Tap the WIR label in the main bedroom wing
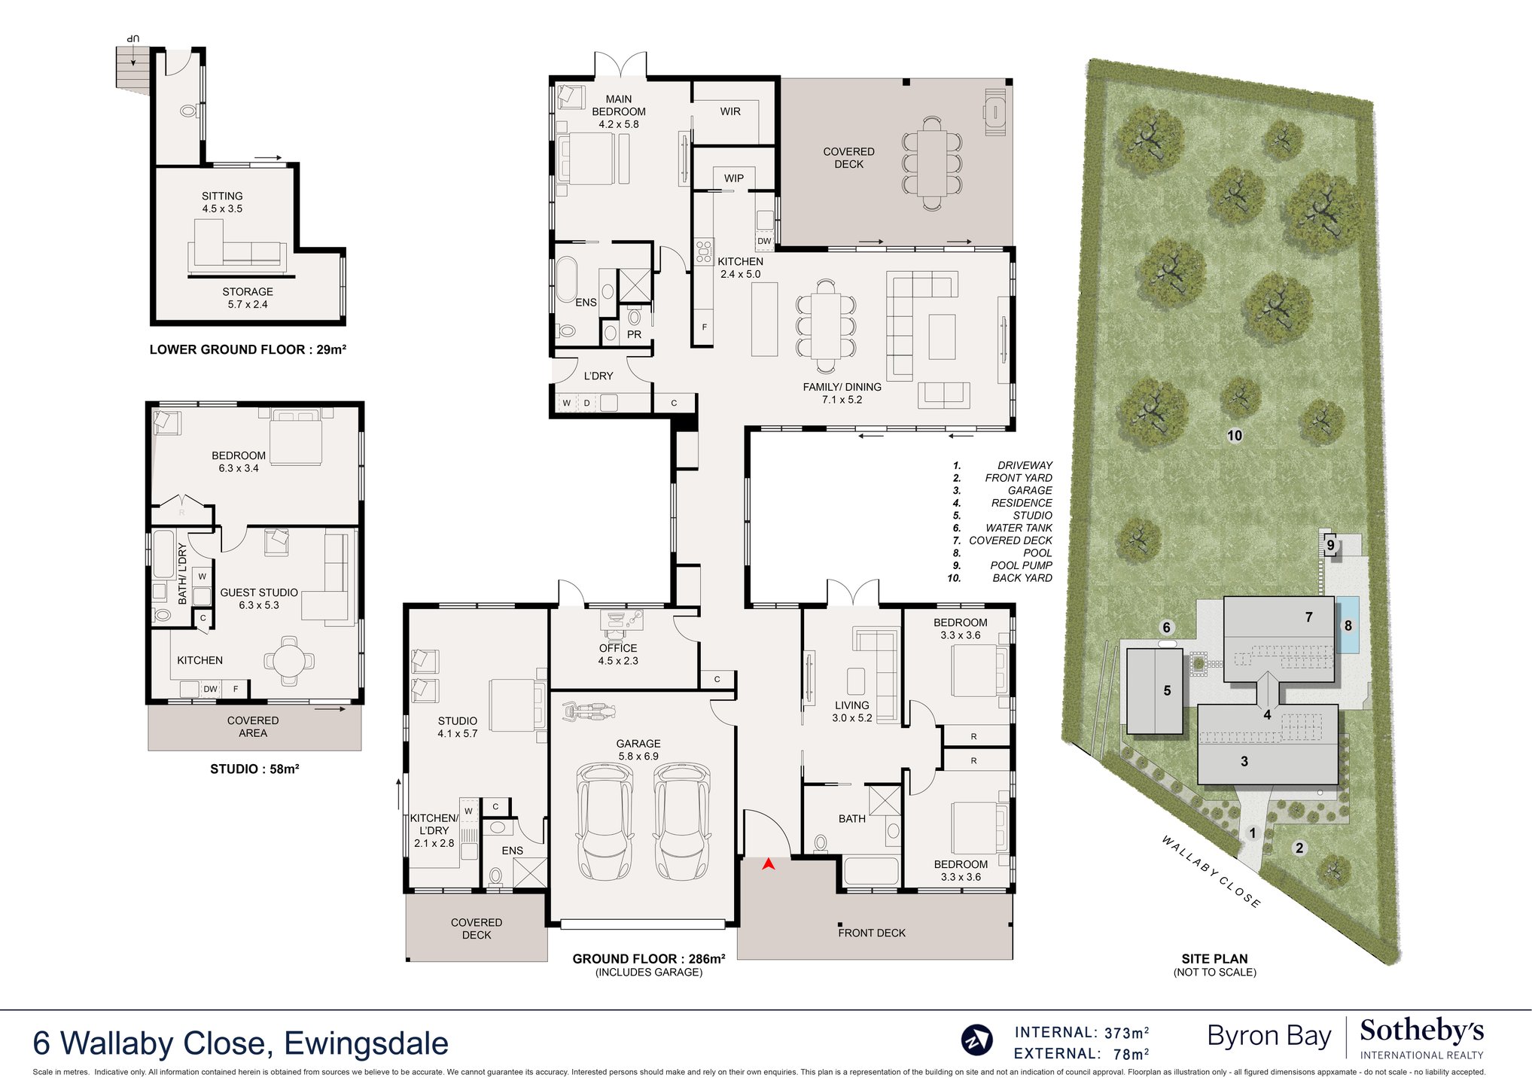(x=730, y=111)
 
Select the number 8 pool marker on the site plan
(x=1348, y=626)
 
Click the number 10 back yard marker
(x=1235, y=436)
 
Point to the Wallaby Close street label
(x=1211, y=871)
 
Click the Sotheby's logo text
(x=1421, y=1031)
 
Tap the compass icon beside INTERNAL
(x=976, y=1040)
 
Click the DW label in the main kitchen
(x=764, y=242)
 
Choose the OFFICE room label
(x=618, y=648)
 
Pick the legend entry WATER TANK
(x=1019, y=528)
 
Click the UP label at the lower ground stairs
(x=133, y=38)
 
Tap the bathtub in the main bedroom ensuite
(x=566, y=279)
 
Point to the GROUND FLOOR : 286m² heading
(x=649, y=958)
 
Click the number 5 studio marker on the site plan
(x=1167, y=690)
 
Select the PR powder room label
(x=635, y=334)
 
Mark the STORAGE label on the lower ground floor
(x=248, y=291)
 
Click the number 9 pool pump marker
(x=1330, y=545)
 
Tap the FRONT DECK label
(x=872, y=933)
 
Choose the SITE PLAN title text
(x=1214, y=958)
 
